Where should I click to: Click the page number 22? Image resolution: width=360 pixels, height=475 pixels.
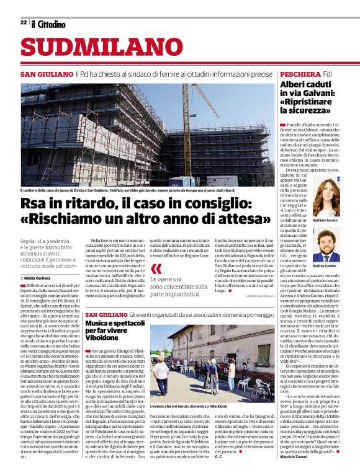point(24,22)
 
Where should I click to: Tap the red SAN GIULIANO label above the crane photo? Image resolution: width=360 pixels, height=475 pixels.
point(47,74)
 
